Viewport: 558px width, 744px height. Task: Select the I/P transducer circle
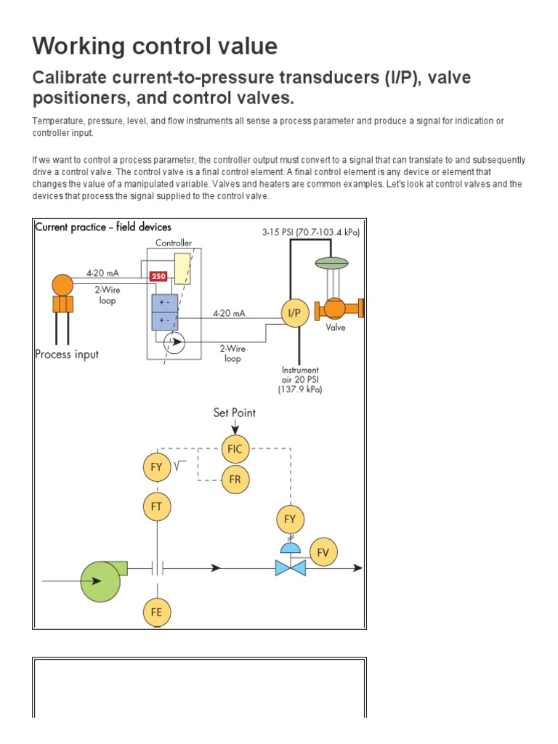coord(296,313)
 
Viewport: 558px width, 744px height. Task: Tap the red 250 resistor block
coord(158,277)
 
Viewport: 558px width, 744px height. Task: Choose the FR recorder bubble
coord(235,480)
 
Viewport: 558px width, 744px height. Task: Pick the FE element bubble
coord(156,612)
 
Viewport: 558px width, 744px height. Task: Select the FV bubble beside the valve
coord(323,552)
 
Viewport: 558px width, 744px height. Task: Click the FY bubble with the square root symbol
coord(156,467)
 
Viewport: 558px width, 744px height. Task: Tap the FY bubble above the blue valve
coord(291,519)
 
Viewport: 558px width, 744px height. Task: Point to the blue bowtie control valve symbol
coord(290,567)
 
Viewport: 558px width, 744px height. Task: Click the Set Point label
coord(234,413)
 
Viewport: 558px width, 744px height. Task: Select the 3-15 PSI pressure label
coord(310,232)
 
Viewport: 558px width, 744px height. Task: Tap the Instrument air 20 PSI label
coord(300,379)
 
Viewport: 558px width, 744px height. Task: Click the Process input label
coord(67,355)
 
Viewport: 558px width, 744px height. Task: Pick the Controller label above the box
coord(174,243)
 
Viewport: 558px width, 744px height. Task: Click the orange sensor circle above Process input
coord(62,284)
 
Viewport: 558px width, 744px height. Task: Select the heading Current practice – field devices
coord(102,227)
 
